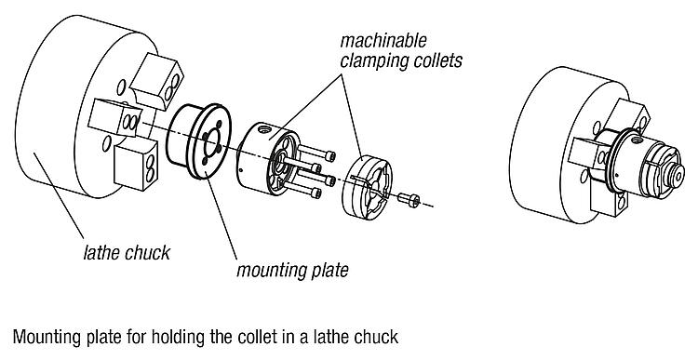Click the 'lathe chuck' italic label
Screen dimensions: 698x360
coord(127,253)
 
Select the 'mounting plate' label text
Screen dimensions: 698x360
coord(292,270)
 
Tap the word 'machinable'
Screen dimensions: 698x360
coord(383,41)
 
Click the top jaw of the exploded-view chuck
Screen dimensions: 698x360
coord(156,81)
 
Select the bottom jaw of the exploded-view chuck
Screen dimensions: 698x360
coord(136,164)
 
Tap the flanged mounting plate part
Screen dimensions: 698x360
coord(199,141)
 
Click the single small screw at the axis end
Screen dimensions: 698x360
coord(409,199)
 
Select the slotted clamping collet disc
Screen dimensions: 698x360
coord(367,186)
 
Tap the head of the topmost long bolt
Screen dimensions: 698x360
coord(329,156)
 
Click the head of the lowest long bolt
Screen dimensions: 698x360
coord(316,193)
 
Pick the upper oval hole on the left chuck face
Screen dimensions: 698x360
coord(121,87)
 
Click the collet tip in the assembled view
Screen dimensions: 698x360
coord(678,175)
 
